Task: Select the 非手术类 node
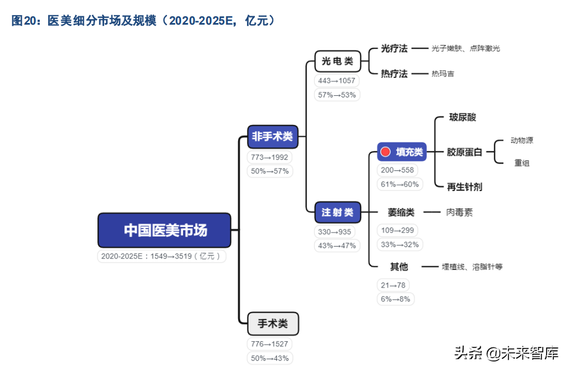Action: point(272,136)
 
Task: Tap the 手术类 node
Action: point(273,323)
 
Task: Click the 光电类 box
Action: point(337,61)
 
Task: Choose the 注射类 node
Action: point(337,212)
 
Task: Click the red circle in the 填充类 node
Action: point(385,152)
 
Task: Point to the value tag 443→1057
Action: point(337,81)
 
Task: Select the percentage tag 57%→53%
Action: point(337,95)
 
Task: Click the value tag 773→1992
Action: point(269,157)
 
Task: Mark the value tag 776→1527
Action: point(269,344)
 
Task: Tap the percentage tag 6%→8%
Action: point(395,299)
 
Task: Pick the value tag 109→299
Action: point(397,230)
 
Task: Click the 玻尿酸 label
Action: point(463,118)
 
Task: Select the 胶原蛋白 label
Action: point(464,152)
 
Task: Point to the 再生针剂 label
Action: point(464,187)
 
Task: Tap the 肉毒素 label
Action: point(459,212)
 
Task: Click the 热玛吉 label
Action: point(442,73)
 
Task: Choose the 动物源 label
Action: point(521,140)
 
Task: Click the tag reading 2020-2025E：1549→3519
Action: point(162,256)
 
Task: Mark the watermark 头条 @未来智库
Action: point(506,353)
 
